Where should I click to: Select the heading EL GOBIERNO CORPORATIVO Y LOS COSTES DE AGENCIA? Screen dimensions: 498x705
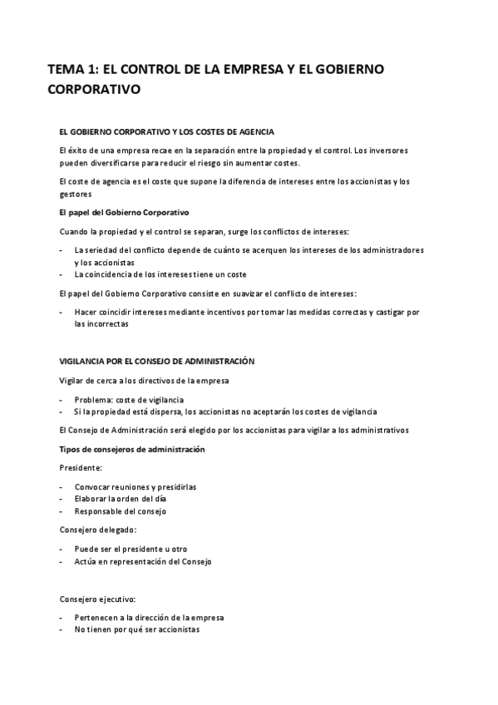click(x=166, y=132)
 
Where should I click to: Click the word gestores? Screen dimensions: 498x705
click(x=75, y=194)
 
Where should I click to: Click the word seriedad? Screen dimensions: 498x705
click(x=104, y=249)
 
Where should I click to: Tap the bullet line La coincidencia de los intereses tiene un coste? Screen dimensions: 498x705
click(x=160, y=274)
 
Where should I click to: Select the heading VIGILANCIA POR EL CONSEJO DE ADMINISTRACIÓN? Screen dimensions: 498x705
click(x=156, y=362)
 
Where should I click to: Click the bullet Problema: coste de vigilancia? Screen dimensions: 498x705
click(x=129, y=399)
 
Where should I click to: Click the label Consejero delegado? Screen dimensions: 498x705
click(x=97, y=530)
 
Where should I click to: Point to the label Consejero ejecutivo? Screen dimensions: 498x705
click(x=97, y=599)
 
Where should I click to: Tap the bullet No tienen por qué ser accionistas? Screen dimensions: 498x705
click(x=136, y=629)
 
